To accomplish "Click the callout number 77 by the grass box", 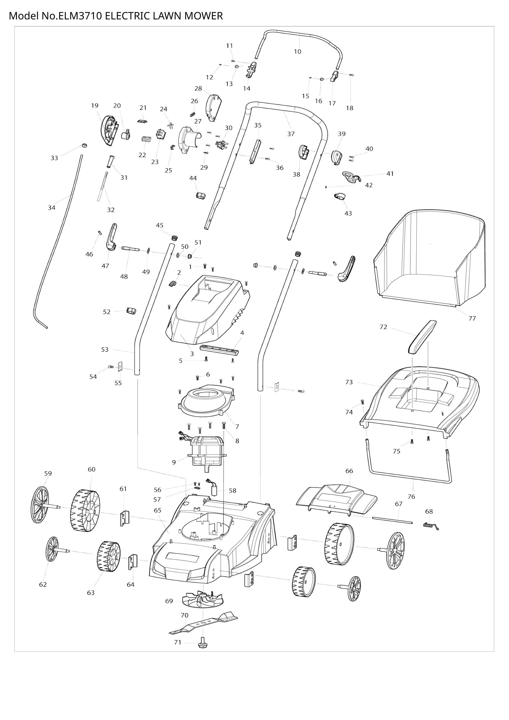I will coord(472,318).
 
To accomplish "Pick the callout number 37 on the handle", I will coord(291,134).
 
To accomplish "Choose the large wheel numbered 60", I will coord(85,511).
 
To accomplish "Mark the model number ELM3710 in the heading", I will coord(80,16).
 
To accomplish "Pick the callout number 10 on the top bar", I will coord(298,51).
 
